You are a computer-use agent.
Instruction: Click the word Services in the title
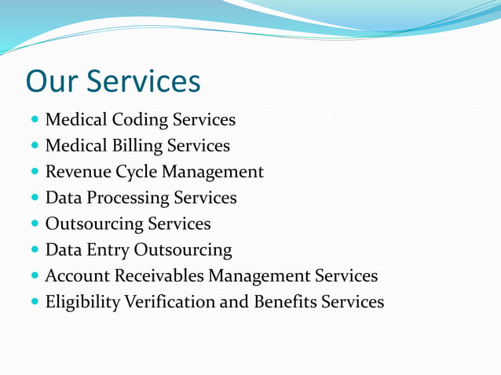[144, 81]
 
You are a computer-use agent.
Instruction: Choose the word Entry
[106, 251]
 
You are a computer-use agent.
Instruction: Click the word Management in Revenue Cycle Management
[217, 173]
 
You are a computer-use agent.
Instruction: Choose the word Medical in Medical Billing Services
[77, 147]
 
